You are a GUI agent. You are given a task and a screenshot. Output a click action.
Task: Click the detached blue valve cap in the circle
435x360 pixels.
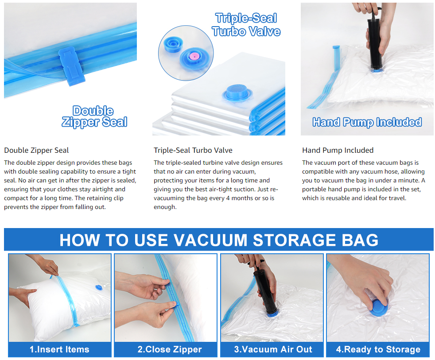[x=173, y=44]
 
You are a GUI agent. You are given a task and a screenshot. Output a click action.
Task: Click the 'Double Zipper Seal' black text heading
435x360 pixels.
[x=36, y=150]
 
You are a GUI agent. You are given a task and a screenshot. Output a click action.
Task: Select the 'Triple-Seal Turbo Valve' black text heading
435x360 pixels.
[x=193, y=150]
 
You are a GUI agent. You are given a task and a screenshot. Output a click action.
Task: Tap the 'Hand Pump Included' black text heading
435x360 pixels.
[x=338, y=150]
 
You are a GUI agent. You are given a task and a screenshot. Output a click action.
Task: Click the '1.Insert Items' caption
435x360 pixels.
[x=59, y=349]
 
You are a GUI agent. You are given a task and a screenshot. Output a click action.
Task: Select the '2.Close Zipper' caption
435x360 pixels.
[x=170, y=349]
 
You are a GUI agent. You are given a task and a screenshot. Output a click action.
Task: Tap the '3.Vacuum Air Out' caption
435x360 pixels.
[x=273, y=349]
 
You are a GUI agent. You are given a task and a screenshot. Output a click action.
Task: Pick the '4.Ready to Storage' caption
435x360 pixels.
[x=378, y=349]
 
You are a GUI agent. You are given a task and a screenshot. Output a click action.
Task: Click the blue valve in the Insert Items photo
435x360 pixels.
[x=99, y=288]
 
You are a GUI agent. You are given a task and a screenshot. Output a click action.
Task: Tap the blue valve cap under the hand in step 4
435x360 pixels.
[x=377, y=307]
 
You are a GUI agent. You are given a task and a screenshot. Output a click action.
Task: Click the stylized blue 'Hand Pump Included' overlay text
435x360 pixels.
[x=367, y=122]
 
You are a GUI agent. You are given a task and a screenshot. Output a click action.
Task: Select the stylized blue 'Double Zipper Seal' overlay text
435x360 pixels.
[x=94, y=117]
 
